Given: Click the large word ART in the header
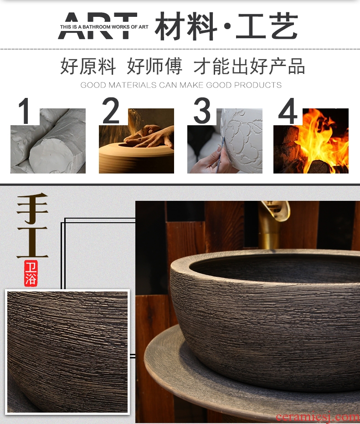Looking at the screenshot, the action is coord(98,26).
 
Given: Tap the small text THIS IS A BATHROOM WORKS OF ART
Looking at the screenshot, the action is coord(104,27).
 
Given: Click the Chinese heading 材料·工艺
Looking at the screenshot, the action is coord(226,26).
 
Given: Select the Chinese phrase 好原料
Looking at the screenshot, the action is coord(88,66).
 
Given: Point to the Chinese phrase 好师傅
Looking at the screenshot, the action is coord(154,66).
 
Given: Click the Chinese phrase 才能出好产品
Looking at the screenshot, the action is coord(249,66).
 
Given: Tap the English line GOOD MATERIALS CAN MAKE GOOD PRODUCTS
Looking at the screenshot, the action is coord(181,85).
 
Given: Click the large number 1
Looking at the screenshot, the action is coord(25,111).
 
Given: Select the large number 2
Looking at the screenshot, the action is coord(111,110).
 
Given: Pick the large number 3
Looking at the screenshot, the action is coord(202,110).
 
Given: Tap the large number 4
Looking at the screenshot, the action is coord(288,111).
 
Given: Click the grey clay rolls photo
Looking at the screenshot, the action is coord(48,141).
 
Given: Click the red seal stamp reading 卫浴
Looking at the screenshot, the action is coord(31,273).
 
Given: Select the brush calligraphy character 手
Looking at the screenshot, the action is coord(33,208).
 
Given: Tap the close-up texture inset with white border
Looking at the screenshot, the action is coord(67,352).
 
